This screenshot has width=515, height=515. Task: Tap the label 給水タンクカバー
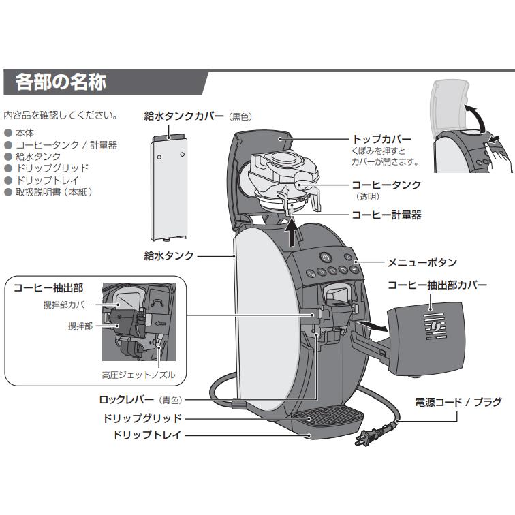coord(184,116)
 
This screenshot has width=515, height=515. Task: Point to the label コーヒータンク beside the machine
coord(386,185)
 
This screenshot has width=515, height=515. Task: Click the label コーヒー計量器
coord(386,215)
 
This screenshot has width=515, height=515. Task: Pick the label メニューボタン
coord(422,262)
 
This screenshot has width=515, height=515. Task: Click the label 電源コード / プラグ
coord(458,403)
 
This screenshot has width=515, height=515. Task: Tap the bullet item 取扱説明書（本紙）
coord(54,192)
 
